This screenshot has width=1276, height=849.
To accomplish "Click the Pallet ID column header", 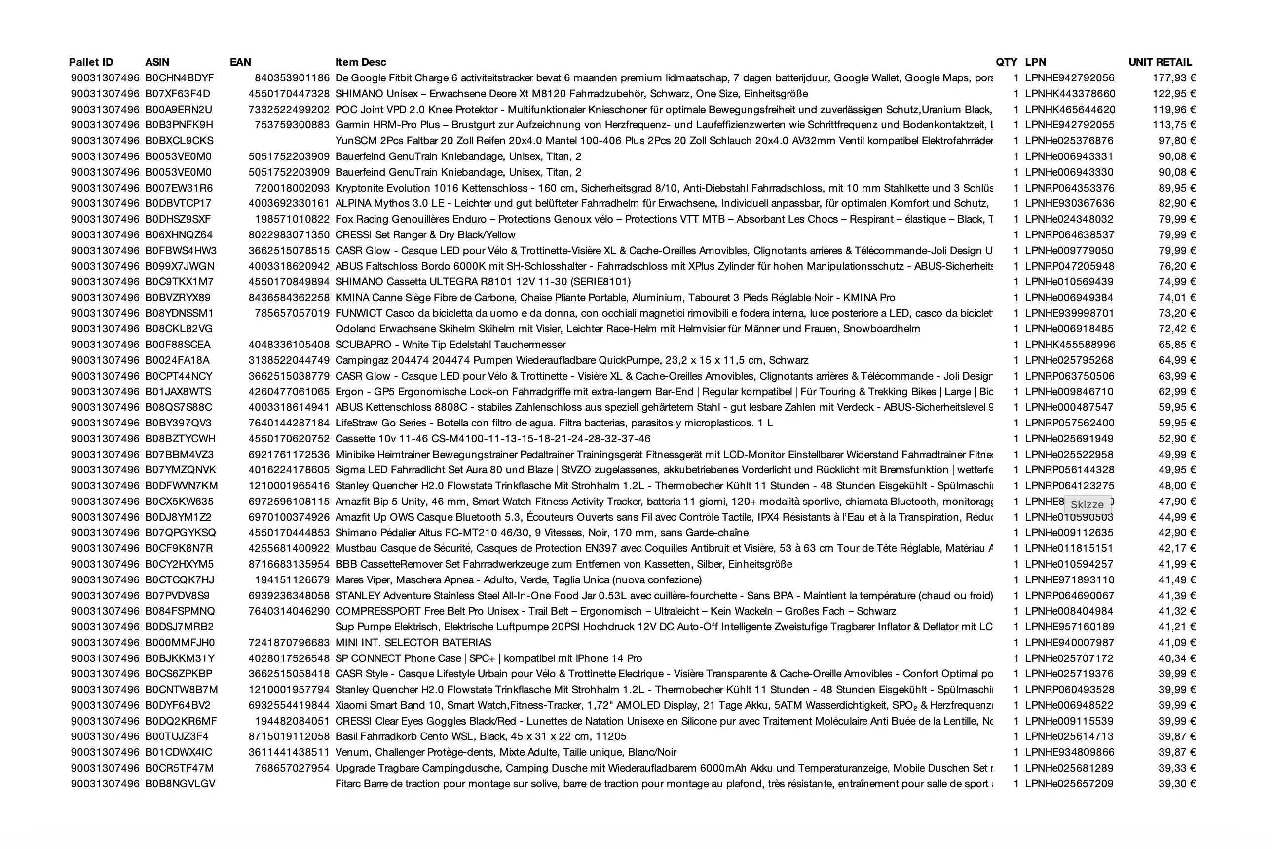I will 91,62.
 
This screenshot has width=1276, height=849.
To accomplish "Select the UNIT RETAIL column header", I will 1160,62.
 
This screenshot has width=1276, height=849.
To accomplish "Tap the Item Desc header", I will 360,62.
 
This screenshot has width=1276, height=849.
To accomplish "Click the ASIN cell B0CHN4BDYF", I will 179,78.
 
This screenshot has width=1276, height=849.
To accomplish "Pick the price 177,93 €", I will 1173,78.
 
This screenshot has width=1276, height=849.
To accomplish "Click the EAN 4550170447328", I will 289,94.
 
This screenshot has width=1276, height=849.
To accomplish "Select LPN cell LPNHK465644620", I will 1069,110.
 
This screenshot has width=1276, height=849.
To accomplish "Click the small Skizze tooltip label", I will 1087,504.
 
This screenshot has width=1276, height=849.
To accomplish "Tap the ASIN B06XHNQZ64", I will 179,235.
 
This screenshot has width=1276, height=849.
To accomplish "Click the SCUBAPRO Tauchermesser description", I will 450,345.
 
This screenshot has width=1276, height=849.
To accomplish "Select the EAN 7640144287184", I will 289,423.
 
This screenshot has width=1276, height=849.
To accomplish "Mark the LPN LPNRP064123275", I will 1069,486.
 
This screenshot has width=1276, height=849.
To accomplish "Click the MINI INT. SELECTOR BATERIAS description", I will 413,643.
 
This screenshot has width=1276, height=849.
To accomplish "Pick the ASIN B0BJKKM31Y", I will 180,658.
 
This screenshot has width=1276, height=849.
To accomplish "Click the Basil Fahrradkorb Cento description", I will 481,736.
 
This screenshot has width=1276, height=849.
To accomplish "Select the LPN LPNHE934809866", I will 1069,752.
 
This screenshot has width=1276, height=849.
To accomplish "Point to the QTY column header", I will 1006,62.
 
